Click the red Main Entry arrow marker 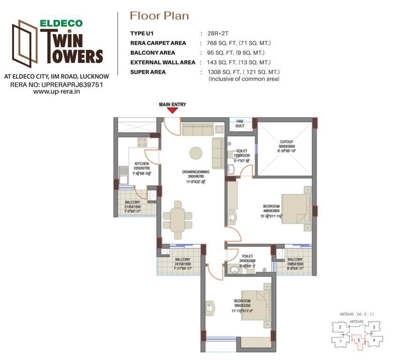tap(173, 111)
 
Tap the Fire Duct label tap(240, 124)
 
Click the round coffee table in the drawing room tap(196, 152)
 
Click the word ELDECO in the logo tap(60, 22)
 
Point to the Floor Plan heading tap(159, 16)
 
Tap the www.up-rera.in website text tap(57, 92)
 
